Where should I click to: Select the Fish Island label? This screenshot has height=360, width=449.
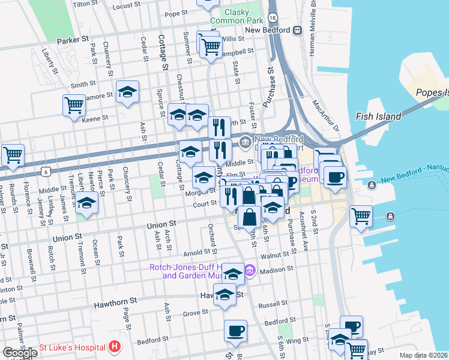pos(378,116)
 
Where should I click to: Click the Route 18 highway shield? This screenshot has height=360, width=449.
pos(273,19)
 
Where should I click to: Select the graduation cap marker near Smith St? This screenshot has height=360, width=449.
pos(127,92)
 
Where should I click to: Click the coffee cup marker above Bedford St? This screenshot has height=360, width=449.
pos(235,331)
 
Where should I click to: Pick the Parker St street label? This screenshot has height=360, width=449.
pos(73,41)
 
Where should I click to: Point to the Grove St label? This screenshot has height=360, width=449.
pos(195,313)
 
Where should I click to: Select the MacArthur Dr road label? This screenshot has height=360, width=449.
pos(325,117)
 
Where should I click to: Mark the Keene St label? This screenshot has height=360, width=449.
pos(95,118)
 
